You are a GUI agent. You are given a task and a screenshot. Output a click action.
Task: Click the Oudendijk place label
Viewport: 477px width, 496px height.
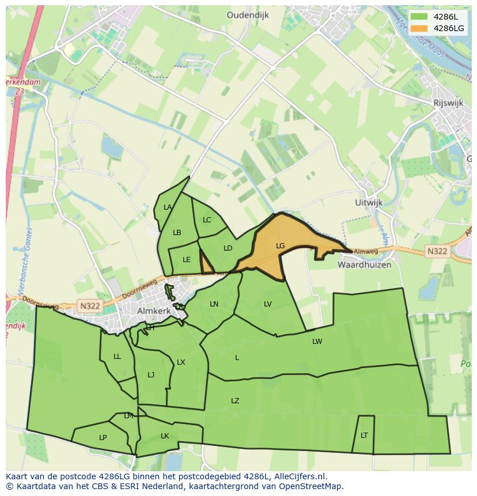[248, 16]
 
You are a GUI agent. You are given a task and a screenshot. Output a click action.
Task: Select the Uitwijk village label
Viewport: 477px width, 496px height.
[369, 203]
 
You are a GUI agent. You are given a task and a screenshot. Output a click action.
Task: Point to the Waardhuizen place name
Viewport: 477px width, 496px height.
[364, 264]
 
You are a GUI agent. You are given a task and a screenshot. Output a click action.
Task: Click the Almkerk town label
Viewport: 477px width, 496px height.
[155, 311]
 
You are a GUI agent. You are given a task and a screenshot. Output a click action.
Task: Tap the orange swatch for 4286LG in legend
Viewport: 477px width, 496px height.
[419, 28]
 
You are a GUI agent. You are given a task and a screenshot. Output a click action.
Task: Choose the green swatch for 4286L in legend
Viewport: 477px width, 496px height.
[419, 17]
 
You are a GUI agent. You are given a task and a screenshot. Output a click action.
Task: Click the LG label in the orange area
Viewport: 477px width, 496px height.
[281, 246]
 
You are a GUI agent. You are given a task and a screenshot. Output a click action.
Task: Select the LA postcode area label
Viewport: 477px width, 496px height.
[168, 207]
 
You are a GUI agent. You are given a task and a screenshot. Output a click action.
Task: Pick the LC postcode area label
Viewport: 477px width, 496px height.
[207, 220]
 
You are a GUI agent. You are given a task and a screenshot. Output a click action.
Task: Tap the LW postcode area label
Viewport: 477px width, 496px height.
[317, 342]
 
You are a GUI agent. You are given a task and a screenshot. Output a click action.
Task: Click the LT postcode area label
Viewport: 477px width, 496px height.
[364, 436]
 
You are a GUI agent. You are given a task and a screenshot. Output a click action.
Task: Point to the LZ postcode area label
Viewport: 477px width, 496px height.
[235, 401]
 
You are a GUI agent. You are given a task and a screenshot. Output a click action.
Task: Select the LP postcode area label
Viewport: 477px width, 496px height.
[103, 438]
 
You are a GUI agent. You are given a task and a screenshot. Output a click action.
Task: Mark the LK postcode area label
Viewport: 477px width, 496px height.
[165, 436]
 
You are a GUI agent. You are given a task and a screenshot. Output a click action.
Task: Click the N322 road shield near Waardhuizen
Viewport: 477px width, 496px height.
[437, 251]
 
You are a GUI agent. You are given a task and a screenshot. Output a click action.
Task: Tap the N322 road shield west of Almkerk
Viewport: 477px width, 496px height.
[90, 306]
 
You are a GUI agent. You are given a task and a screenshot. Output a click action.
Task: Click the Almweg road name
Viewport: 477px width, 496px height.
[365, 251]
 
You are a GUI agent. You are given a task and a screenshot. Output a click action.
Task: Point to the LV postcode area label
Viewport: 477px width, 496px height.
[268, 304]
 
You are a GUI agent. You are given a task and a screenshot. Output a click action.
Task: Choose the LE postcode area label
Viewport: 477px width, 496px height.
[187, 260]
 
